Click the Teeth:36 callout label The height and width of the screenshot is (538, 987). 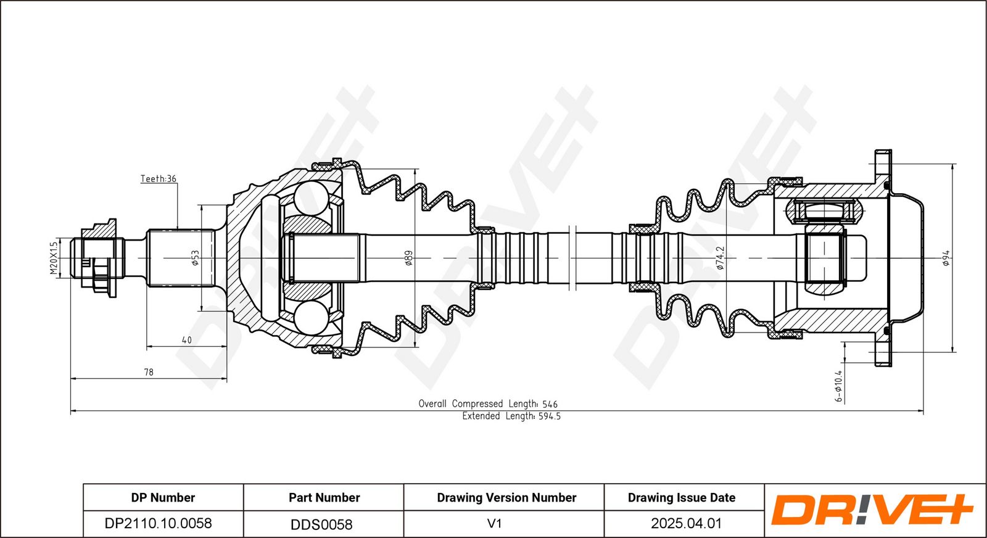158,178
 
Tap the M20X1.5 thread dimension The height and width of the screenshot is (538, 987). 54,259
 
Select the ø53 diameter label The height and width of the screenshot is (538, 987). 195,258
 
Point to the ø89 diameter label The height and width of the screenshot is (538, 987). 408,258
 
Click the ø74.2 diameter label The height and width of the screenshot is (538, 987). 719,258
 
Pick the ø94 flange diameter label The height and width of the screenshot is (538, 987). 946,258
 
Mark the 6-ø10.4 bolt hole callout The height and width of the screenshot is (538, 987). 838,386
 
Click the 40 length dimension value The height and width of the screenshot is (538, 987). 186,340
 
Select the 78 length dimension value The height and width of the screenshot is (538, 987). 149,372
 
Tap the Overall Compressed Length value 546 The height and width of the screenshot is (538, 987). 550,403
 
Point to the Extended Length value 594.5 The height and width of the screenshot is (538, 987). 549,416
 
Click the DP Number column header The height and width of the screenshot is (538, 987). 163,498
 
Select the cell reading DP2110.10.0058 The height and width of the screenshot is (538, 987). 158,523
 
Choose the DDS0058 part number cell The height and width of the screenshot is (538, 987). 321,524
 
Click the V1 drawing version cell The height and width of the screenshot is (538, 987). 494,523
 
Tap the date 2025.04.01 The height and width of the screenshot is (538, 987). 687,523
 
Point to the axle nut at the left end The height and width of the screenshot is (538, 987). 99,259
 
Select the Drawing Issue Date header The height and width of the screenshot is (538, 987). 682,498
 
